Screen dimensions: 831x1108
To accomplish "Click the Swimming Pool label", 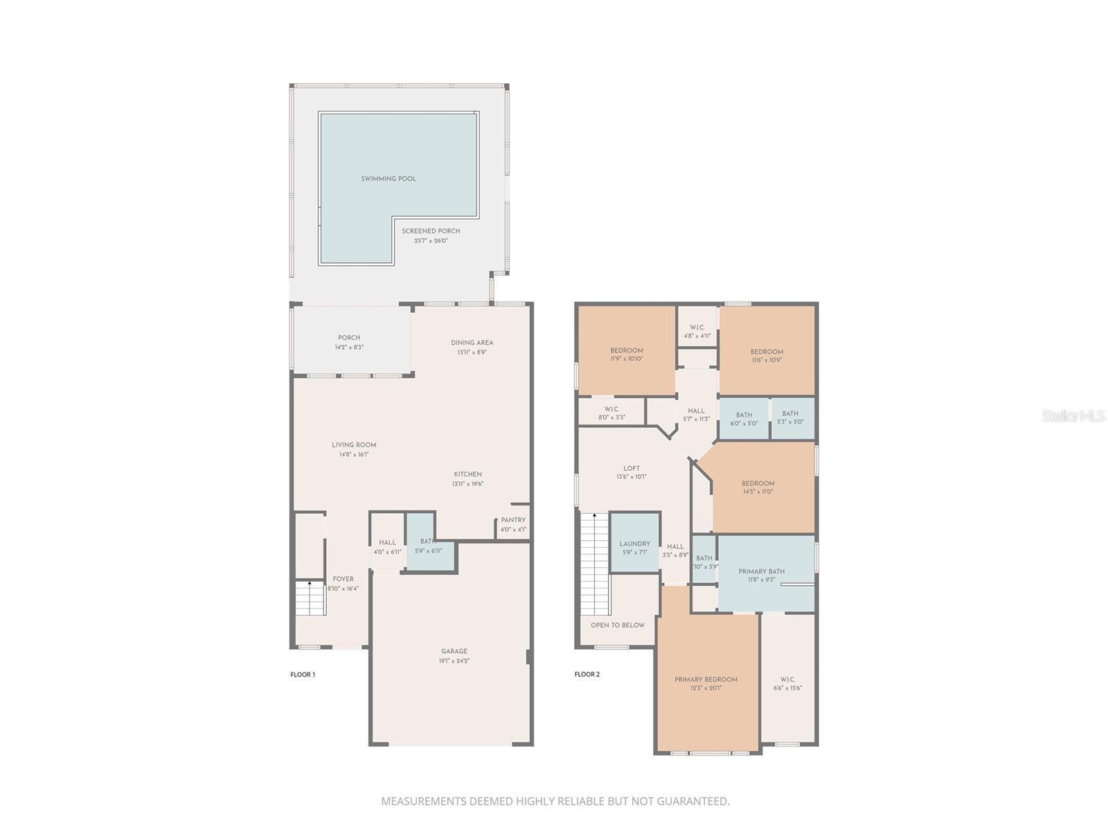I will tap(388, 179).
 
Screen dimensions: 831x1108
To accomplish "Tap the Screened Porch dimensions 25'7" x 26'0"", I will tap(431, 241).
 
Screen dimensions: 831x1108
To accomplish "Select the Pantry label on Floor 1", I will tap(513, 520).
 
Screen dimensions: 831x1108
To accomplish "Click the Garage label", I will tap(454, 651).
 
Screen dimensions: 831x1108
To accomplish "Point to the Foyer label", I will tap(343, 579).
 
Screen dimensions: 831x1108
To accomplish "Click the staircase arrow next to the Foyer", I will tap(310, 586).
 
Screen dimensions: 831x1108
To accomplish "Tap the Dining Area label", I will tap(472, 343).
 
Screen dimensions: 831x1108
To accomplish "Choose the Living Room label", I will tap(354, 445).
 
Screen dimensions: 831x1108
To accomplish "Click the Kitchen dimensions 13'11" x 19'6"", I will tap(467, 484).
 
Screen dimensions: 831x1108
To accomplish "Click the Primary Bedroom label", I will tap(706, 679).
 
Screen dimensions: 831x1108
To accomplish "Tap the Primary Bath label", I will tap(761, 571).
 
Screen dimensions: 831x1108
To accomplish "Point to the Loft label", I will tap(631, 468).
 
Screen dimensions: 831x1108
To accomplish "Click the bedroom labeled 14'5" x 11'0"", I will tap(758, 487).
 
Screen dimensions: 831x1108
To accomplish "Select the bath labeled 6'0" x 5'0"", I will tap(744, 419).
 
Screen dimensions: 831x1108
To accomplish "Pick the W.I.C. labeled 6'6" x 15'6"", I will tap(787, 683).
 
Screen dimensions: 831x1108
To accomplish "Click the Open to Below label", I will tap(618, 625).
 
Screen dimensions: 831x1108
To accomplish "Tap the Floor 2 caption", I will tap(587, 674).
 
